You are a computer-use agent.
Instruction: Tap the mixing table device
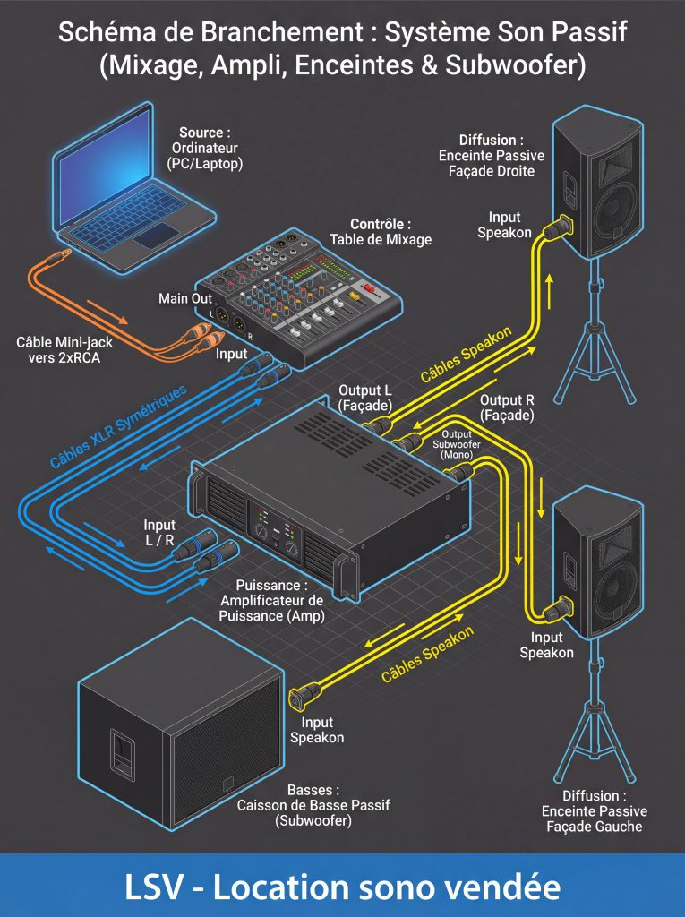pos(301,300)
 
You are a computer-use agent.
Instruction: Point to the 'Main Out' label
pos(185,298)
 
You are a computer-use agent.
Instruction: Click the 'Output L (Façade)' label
pos(364,399)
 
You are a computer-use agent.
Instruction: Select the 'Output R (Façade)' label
pos(507,407)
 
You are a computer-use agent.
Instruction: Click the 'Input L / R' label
pos(159,534)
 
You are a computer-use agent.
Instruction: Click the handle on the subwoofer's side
pos(120,748)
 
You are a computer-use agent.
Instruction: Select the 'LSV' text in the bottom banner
pos(153,887)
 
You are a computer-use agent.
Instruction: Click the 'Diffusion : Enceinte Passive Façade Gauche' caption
pos(594,810)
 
